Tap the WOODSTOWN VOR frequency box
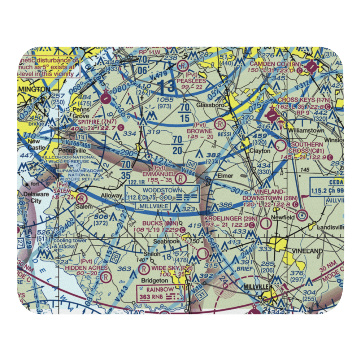pos(162,193)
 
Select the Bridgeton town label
pos(155,280)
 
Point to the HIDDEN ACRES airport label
pos(86,268)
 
